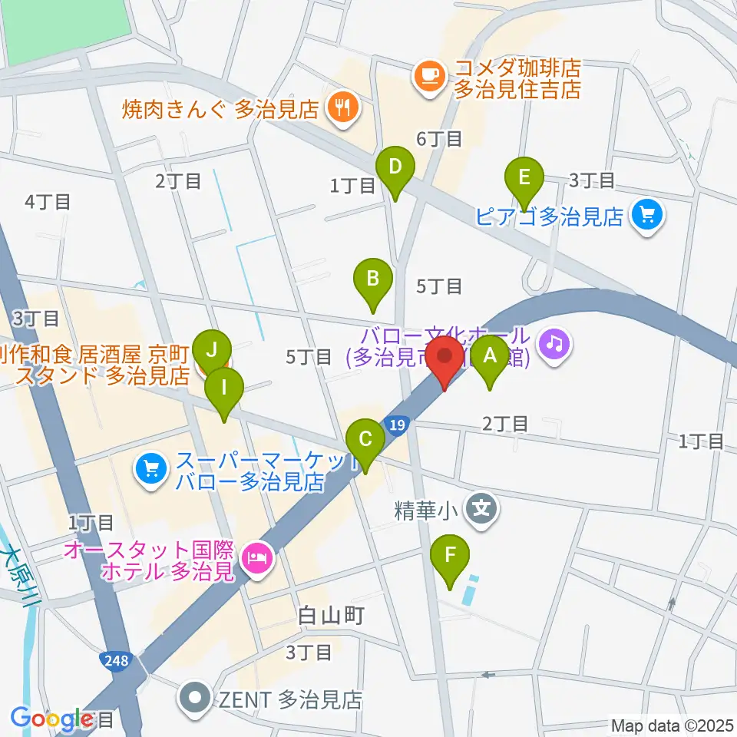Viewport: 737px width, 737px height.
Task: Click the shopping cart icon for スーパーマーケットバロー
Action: coord(150,471)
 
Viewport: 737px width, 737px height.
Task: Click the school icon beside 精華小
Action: coord(481,509)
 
